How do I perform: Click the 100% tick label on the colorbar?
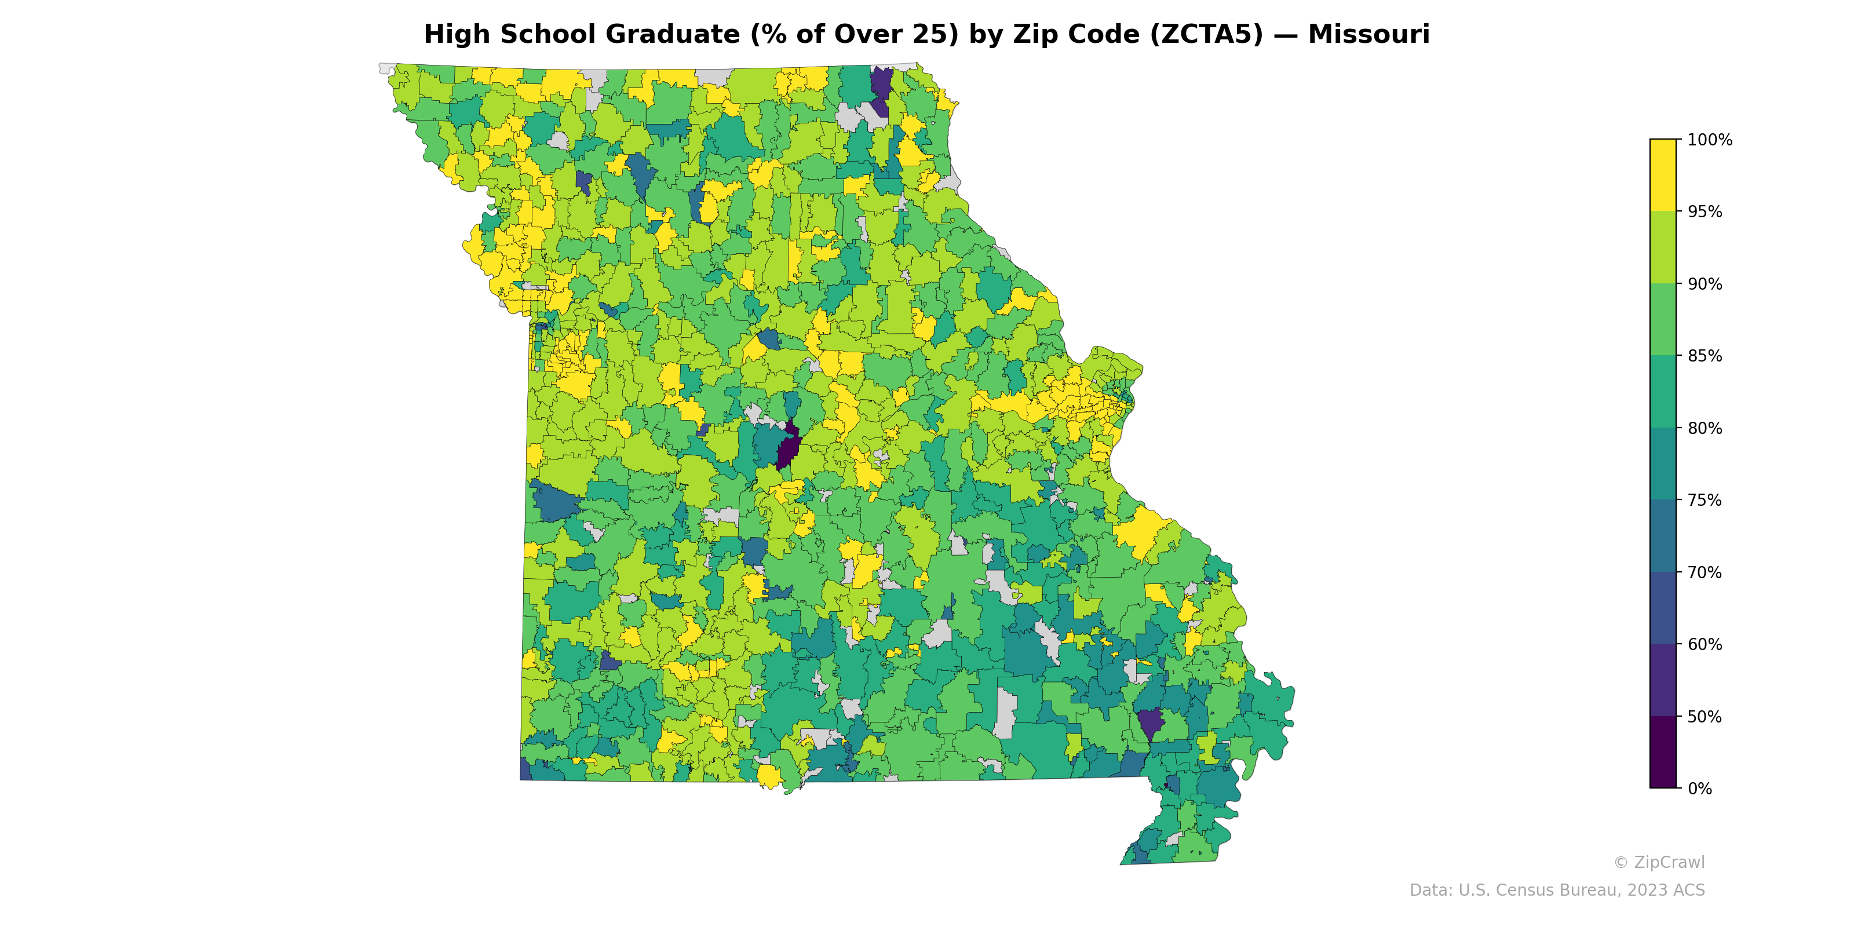(x=1709, y=140)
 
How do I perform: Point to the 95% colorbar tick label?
(x=1705, y=212)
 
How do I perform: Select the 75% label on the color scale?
(x=1705, y=500)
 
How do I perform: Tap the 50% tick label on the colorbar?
(x=1705, y=717)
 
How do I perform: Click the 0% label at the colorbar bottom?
(x=1699, y=789)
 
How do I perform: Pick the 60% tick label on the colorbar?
(x=1705, y=645)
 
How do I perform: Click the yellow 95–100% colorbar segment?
(x=1663, y=175)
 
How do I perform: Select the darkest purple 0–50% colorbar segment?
(x=1663, y=752)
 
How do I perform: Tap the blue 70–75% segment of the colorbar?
(x=1663, y=536)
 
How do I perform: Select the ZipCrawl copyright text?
(x=1658, y=862)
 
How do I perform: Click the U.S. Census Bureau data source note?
(x=1557, y=890)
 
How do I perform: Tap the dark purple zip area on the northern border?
(x=880, y=85)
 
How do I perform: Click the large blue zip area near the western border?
(x=554, y=502)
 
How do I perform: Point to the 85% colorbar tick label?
(x=1705, y=356)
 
